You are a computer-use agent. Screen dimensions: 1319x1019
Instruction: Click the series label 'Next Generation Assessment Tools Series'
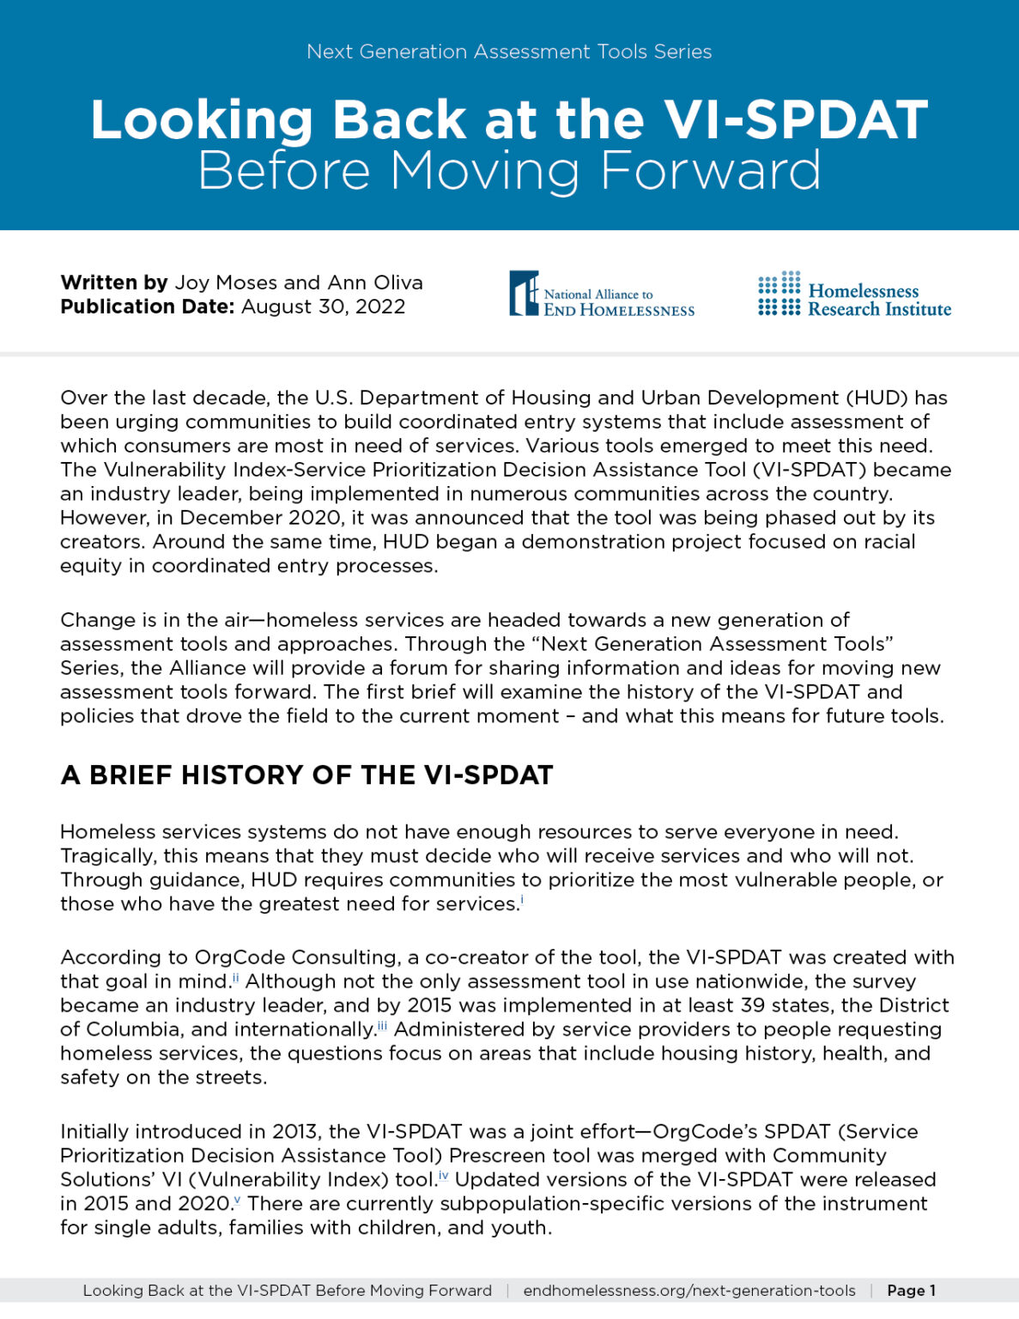tap(509, 52)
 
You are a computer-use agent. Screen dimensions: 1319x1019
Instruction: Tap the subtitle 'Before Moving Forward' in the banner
tap(509, 170)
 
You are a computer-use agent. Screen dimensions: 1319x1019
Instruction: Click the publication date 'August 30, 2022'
tap(323, 307)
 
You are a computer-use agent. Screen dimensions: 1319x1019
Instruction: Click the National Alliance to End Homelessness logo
tap(602, 295)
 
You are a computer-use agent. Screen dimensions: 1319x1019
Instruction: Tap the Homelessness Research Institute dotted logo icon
tap(779, 294)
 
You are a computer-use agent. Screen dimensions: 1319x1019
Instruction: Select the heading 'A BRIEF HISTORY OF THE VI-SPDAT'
tap(306, 775)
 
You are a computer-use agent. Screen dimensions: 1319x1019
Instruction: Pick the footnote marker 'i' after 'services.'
tap(522, 899)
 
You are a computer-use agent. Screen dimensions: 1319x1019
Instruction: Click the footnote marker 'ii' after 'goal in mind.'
tap(235, 976)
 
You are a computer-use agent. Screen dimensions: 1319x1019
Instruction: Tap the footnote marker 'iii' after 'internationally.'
tap(382, 1024)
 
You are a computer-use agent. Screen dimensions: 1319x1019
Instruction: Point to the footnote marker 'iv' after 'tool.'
tap(444, 1175)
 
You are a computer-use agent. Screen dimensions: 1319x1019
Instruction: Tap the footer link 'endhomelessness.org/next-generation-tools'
tap(689, 1291)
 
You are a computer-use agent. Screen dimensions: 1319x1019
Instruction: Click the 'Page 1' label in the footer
tap(911, 1291)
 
